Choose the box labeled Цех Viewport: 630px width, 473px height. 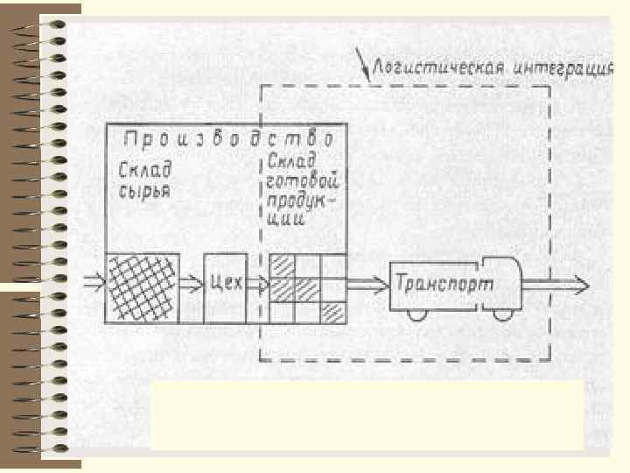coord(227,286)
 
